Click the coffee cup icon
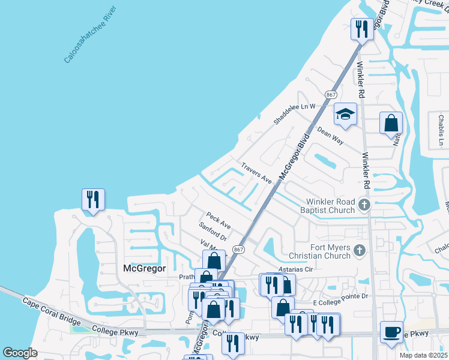[x=391, y=332]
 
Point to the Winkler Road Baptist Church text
[x=331, y=206]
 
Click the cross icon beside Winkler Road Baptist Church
[x=363, y=206]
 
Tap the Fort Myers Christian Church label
[x=322, y=251]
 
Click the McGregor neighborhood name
[x=144, y=268]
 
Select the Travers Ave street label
[x=256, y=173]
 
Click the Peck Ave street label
[x=218, y=220]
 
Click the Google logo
[x=20, y=353]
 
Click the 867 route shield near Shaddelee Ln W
[x=330, y=95]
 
